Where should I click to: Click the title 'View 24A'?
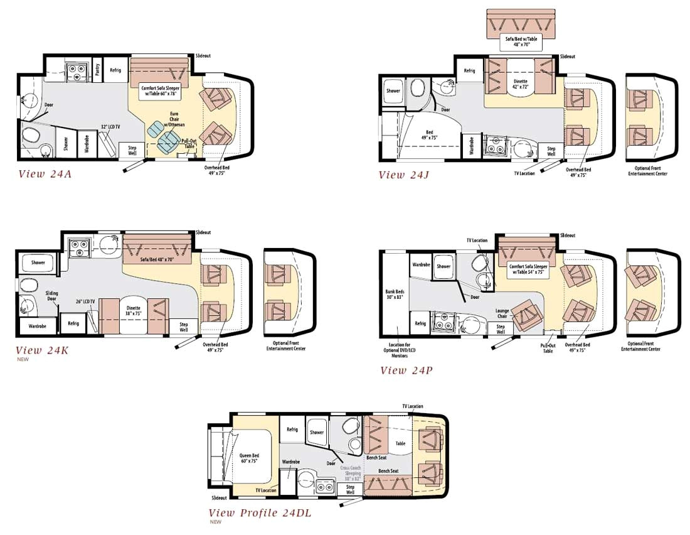45,174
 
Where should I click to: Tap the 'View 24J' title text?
404,175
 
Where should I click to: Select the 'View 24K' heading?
42,350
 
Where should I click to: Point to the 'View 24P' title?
406,370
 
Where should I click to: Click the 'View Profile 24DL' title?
260,513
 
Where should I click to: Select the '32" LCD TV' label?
112,126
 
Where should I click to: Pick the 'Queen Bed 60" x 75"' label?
249,459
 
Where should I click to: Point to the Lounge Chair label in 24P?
502,313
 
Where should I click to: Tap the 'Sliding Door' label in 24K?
51,295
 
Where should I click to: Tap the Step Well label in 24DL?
350,489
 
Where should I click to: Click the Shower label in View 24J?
393,90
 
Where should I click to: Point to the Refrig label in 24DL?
292,430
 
